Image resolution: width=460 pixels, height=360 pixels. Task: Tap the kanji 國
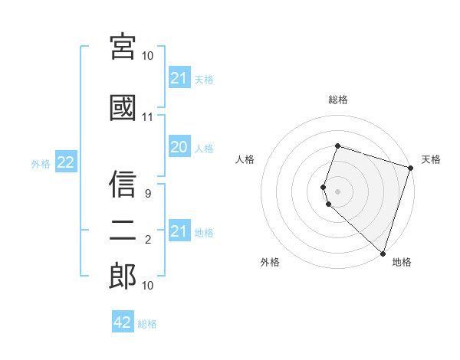click(x=123, y=107)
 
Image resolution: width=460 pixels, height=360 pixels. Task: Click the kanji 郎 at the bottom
click(x=123, y=276)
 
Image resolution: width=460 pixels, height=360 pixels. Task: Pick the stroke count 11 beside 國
click(x=147, y=117)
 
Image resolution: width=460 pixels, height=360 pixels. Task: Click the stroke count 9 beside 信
click(x=147, y=195)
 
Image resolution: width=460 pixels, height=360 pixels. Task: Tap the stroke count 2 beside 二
click(x=147, y=241)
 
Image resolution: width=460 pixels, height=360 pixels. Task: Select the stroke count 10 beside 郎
click(x=147, y=285)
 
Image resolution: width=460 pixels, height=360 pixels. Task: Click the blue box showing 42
click(x=123, y=322)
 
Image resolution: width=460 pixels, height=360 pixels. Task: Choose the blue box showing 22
click(x=65, y=162)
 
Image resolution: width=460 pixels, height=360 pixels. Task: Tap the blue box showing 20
click(x=179, y=148)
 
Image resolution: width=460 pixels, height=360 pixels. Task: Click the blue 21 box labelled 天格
click(x=179, y=78)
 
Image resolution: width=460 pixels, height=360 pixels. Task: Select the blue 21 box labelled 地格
click(x=179, y=231)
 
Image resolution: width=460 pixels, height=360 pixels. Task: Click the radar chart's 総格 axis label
click(x=338, y=100)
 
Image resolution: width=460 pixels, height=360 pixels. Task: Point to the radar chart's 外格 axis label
click(x=270, y=262)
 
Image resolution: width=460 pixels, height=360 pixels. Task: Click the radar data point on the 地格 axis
click(x=383, y=253)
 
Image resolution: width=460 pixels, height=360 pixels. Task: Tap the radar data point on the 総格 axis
click(x=337, y=146)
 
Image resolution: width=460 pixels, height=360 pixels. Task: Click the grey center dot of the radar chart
click(x=337, y=191)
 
